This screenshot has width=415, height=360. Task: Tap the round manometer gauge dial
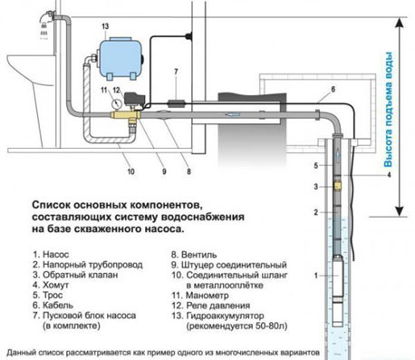[115, 103]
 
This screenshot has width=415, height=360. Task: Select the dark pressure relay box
[134, 99]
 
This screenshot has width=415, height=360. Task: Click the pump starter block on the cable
[176, 103]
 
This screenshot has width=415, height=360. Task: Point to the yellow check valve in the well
[337, 186]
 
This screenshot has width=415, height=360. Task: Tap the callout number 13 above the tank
[105, 26]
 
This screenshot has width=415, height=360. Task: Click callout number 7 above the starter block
[176, 72]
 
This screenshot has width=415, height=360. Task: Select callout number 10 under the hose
[130, 171]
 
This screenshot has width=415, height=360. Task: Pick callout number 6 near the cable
[333, 90]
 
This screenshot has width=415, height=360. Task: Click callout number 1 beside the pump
[316, 276]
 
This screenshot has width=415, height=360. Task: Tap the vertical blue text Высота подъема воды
[388, 110]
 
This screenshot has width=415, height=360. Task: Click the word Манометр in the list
[207, 295]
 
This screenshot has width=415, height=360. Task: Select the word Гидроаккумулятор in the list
[226, 316]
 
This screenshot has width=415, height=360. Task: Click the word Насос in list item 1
[56, 255]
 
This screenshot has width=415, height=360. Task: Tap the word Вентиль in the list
[199, 255]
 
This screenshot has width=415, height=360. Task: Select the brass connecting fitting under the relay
[125, 115]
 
